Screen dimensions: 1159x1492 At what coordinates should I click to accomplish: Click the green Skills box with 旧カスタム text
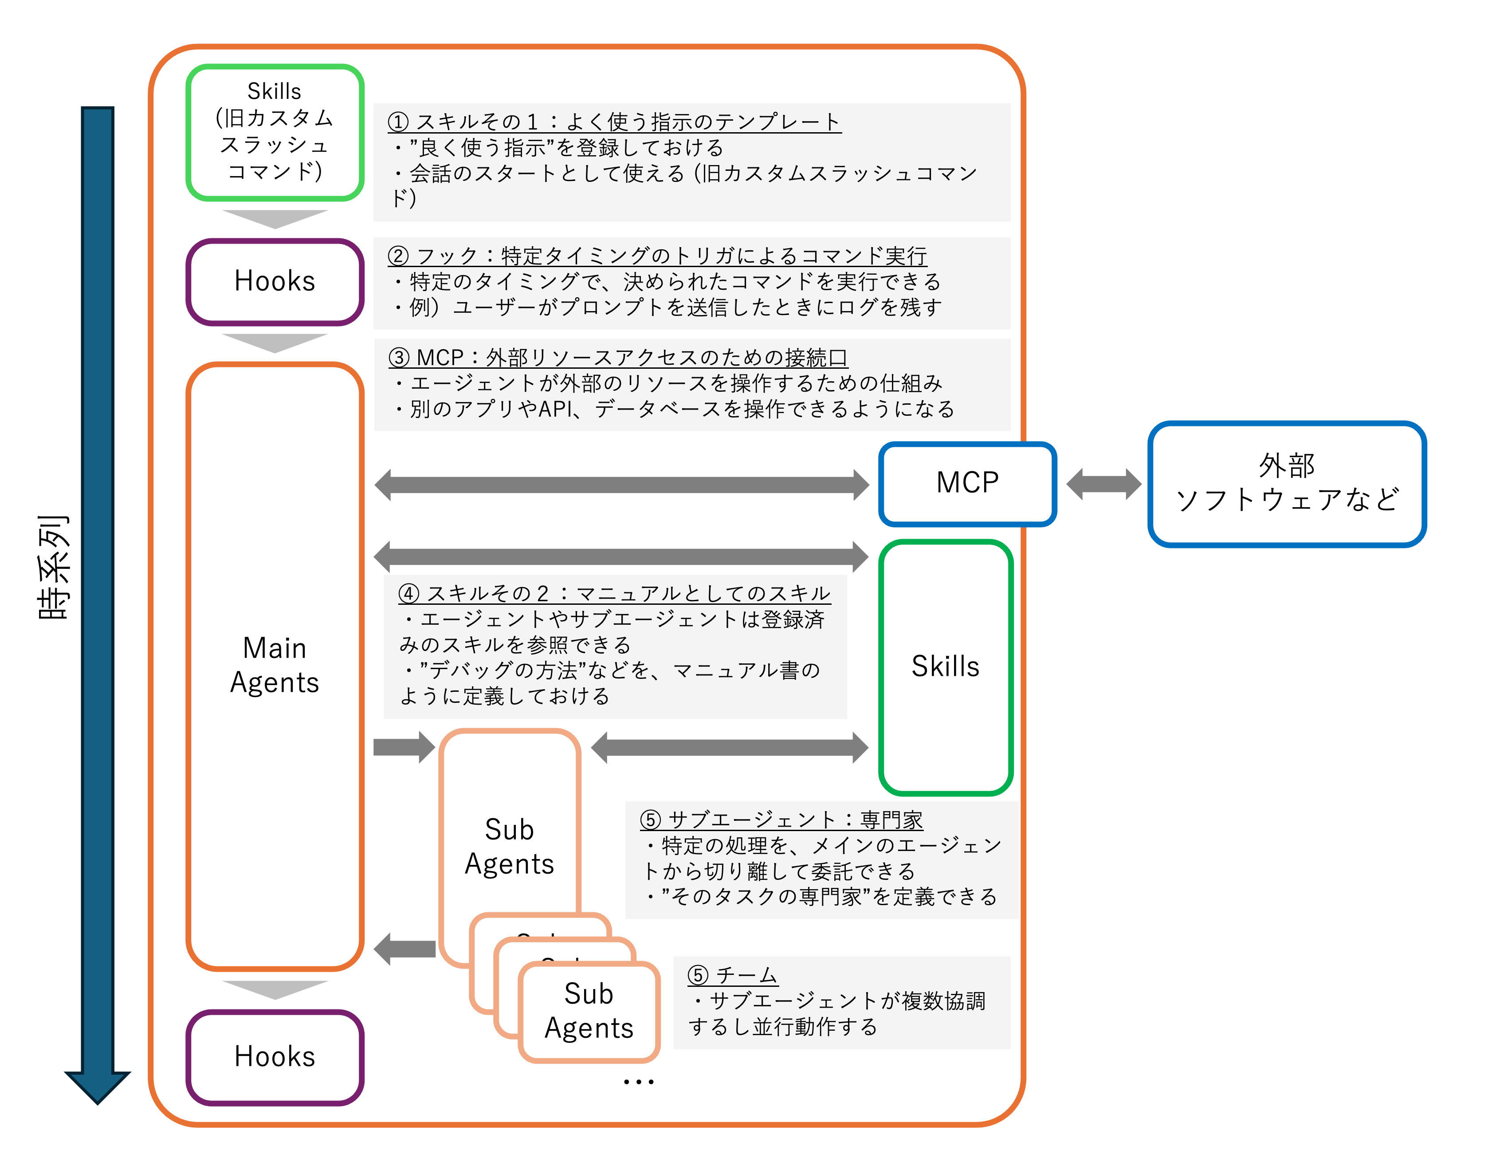coord(275,133)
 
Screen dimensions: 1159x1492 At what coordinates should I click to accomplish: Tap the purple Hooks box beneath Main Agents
coord(275,1057)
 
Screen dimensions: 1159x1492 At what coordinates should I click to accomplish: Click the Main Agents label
coord(275,665)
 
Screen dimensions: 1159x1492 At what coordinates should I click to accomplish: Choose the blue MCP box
coord(967,483)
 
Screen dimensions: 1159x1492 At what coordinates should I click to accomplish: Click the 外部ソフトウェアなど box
coord(1287,483)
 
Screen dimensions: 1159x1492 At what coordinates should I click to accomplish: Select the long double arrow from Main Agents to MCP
coord(622,485)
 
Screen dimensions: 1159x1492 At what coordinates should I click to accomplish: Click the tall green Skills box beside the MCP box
coord(946,666)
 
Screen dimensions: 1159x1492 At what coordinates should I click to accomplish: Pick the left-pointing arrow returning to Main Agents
coord(404,949)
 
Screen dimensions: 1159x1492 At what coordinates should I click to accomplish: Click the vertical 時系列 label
coord(53,567)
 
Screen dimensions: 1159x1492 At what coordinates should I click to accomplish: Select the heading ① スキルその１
coord(613,122)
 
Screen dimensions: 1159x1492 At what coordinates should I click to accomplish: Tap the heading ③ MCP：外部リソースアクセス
coord(617,357)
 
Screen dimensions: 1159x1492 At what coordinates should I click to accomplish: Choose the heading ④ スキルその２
coord(614,593)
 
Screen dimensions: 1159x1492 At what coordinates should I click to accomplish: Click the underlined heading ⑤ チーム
coord(732,975)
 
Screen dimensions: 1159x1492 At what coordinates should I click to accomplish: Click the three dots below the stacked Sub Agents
coord(639,1082)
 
